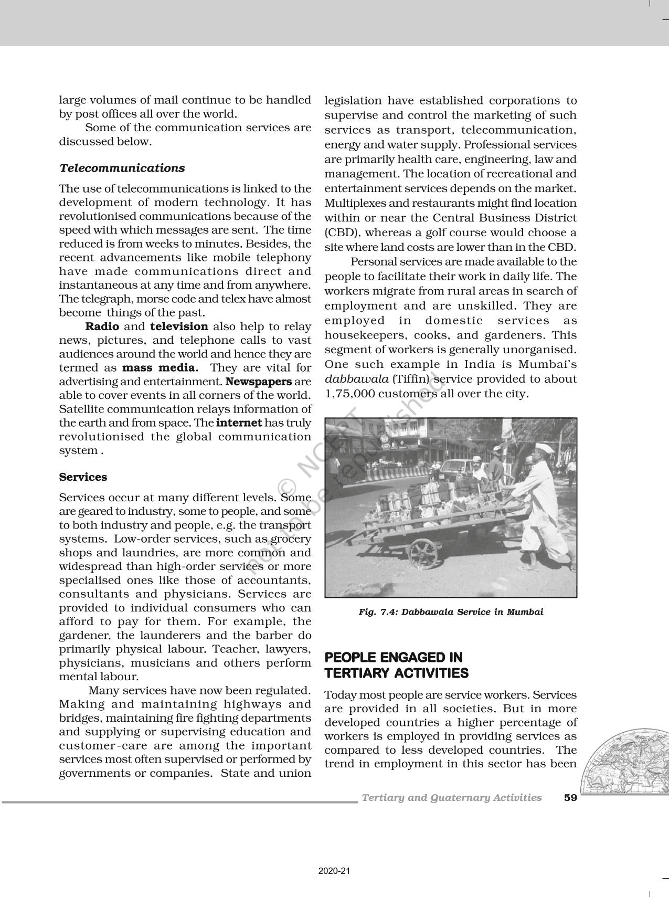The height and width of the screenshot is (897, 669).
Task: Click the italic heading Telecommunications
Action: pyautogui.click(x=122, y=168)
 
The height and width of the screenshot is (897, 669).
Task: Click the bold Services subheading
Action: pyautogui.click(x=83, y=477)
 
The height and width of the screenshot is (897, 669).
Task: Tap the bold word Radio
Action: pyautogui.click(x=102, y=326)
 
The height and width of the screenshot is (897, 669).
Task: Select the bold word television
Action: pyautogui.click(x=179, y=326)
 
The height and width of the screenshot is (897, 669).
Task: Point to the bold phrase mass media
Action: pyautogui.click(x=160, y=368)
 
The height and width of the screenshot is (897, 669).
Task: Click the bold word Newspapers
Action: pyautogui.click(x=259, y=382)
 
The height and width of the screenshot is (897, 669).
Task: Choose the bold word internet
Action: pyautogui.click(x=239, y=423)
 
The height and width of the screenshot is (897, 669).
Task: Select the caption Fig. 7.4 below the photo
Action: pyautogui.click(x=451, y=612)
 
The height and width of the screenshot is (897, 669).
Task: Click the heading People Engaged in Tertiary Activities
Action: pyautogui.click(x=396, y=665)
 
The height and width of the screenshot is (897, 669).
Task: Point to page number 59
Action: pyautogui.click(x=570, y=798)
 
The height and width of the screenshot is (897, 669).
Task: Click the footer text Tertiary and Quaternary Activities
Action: pyautogui.click(x=452, y=798)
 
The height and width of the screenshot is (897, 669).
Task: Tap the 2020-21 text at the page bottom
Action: pyautogui.click(x=334, y=871)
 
